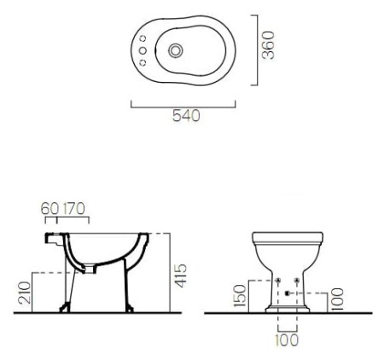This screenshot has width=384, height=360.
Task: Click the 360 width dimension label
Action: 269,45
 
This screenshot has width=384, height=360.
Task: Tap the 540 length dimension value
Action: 186,116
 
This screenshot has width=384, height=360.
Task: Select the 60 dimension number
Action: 49,209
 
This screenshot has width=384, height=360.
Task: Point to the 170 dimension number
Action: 73,209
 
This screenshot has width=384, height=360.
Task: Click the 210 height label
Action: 25,293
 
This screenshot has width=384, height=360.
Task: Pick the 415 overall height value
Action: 181,276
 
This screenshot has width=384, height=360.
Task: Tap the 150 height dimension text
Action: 240,296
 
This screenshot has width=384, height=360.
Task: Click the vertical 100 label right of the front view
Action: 337,299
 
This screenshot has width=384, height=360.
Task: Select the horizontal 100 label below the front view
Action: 287,340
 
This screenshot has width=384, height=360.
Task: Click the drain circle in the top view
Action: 176,51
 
